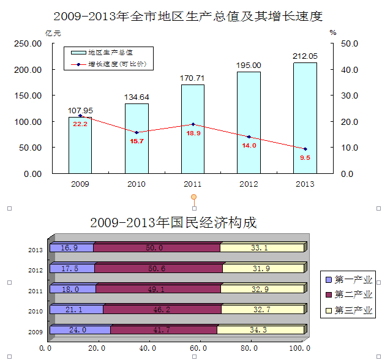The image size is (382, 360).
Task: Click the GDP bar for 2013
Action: tap(305, 116)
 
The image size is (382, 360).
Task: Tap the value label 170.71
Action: tap(192, 78)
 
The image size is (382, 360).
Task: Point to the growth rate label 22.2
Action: tap(80, 124)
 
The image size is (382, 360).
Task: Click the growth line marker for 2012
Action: tap(249, 137)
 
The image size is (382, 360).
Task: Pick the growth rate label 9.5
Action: tap(305, 157)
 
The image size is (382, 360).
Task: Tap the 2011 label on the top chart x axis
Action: tap(192, 184)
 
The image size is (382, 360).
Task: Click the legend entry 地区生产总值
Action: tap(110, 53)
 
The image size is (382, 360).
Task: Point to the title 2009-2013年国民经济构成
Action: tap(173, 222)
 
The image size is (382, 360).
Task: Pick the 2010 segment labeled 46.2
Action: tap(162, 309)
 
